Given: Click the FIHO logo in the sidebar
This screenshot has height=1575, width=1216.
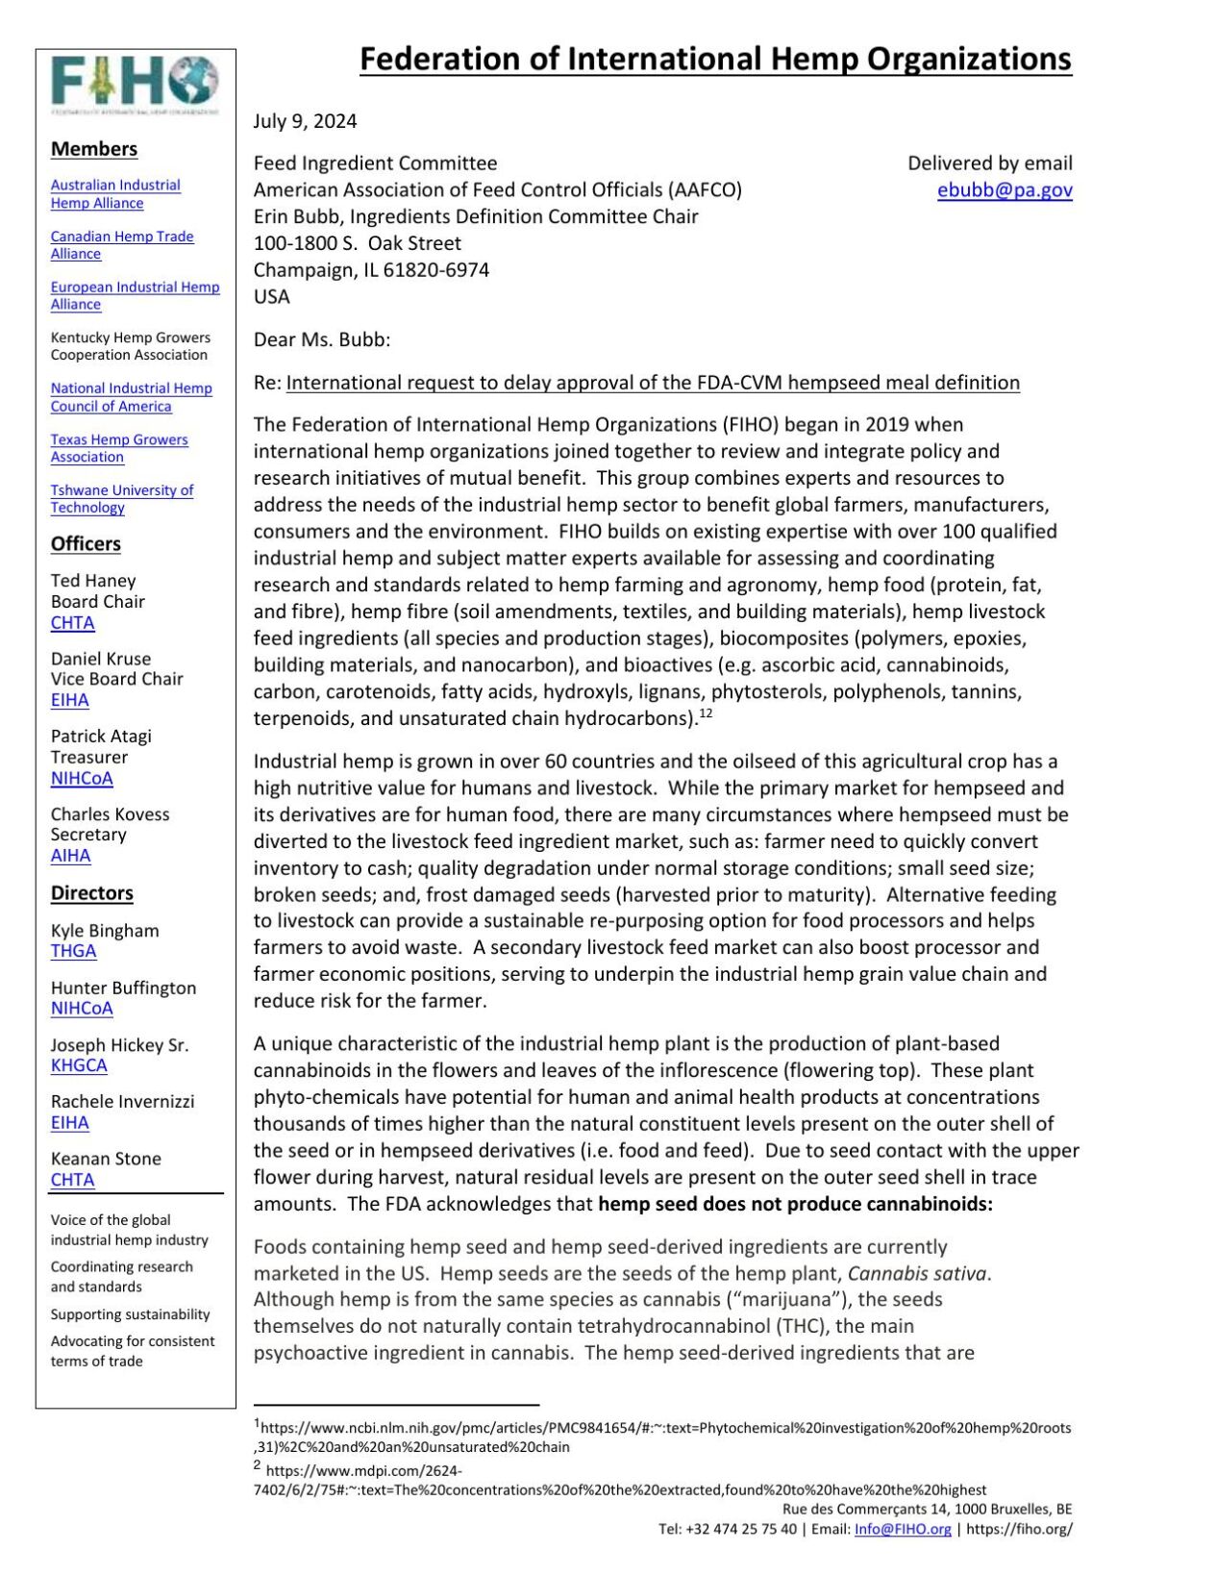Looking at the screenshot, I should (x=135, y=83).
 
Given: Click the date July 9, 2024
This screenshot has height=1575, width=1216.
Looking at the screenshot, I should (x=305, y=121).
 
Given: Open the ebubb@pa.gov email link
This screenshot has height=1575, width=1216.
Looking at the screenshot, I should (x=1005, y=190).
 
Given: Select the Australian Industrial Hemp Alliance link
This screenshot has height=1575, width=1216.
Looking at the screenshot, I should (x=115, y=194).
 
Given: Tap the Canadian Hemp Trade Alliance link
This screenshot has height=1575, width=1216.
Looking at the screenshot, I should (x=122, y=245).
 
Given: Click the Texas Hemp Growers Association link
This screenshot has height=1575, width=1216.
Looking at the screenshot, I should (x=119, y=448).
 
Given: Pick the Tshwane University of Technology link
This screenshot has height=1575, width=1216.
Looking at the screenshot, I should (x=122, y=499).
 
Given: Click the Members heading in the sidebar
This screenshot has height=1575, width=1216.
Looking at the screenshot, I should (x=94, y=149).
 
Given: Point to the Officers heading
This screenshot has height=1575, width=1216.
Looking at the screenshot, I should (x=86, y=544).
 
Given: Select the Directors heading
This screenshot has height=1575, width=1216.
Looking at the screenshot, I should (x=92, y=893).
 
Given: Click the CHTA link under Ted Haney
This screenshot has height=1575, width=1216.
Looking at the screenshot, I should (x=73, y=623).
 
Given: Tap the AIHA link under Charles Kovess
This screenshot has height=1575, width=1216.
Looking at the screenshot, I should (x=71, y=856).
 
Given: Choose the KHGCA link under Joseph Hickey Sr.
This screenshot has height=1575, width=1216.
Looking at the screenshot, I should (x=79, y=1065).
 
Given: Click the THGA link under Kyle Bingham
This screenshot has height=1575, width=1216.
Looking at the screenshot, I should (x=74, y=951).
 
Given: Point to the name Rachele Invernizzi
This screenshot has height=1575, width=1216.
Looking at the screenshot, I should (x=122, y=1102).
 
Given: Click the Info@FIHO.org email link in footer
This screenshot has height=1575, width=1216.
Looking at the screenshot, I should (x=903, y=1530).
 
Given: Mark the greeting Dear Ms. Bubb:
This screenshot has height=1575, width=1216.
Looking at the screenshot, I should (x=322, y=340).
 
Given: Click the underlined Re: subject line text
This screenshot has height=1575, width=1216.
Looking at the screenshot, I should (x=652, y=383).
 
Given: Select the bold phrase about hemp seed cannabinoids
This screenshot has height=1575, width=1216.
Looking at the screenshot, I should (x=795, y=1205).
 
